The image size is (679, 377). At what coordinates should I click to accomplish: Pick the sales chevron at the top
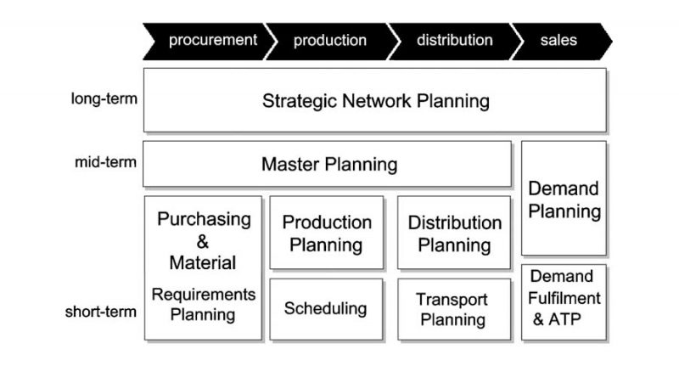point(562,41)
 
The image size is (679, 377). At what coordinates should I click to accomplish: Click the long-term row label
point(104,98)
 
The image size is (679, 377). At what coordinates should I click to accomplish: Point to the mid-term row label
point(105,162)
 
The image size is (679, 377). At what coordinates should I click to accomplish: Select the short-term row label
point(100,312)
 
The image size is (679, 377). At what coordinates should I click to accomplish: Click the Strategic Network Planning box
point(375,100)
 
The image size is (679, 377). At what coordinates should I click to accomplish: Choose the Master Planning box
point(327,164)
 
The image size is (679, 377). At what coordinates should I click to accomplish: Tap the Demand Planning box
point(564,198)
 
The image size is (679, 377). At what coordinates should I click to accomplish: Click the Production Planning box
point(327,233)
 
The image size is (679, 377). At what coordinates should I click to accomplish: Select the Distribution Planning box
point(454,233)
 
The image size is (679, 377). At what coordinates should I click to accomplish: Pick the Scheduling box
point(327,309)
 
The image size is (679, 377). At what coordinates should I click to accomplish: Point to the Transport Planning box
point(454,309)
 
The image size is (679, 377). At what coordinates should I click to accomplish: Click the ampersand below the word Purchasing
point(203,242)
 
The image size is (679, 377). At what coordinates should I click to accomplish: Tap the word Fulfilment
point(564,298)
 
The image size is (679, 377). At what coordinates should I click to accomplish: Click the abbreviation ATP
point(564,319)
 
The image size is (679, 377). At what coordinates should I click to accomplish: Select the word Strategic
point(300,101)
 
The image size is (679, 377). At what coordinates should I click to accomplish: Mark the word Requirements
point(204,295)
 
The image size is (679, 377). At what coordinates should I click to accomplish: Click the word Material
point(203,263)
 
